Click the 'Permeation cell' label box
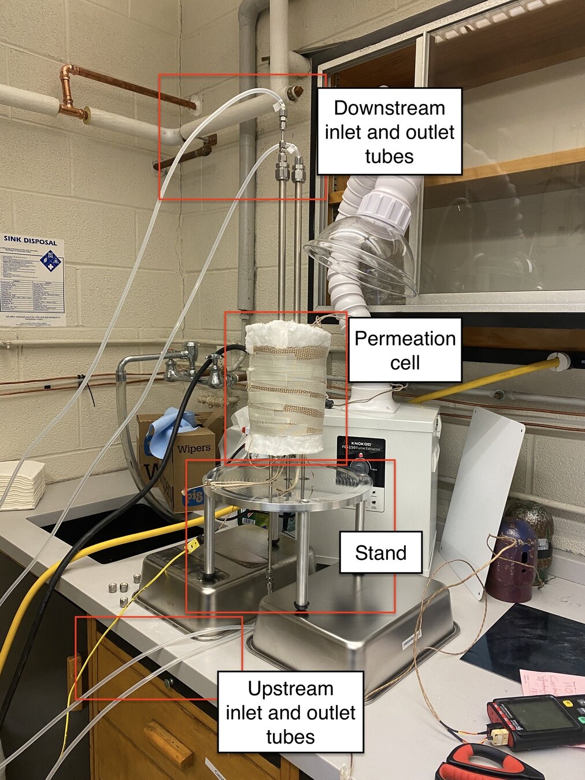(405, 350)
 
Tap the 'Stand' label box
(380, 553)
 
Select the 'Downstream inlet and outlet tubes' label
(389, 132)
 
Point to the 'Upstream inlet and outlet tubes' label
(290, 712)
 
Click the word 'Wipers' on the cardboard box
(193, 448)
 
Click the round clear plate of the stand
(289, 482)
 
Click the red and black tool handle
(486, 763)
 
